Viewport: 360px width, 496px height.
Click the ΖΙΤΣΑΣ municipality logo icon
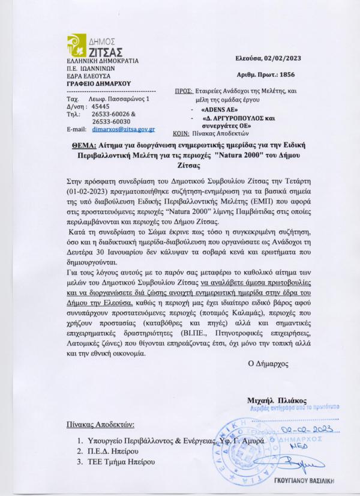[x=77, y=46]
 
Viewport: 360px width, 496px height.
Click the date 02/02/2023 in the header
[x=280, y=58]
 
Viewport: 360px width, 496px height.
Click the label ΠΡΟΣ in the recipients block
[x=183, y=91]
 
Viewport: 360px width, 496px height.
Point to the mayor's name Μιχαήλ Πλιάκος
[x=277, y=400]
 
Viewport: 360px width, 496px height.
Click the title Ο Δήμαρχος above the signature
[x=268, y=363]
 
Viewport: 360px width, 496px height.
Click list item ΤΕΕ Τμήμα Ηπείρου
[x=120, y=462]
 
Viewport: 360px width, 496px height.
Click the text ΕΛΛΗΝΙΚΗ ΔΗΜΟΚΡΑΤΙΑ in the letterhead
[x=103, y=61]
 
